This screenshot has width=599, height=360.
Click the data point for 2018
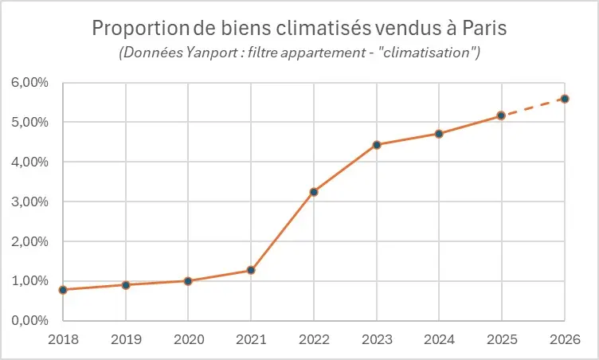(x=63, y=290)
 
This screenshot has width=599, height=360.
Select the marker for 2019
(x=126, y=284)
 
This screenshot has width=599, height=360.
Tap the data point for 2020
(x=188, y=281)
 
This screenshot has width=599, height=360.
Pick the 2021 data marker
(x=251, y=270)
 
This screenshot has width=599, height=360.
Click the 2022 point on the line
(x=314, y=192)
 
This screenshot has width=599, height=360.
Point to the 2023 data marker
(x=376, y=145)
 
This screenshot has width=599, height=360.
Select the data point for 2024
(x=439, y=134)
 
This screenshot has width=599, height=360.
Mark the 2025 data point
(x=501, y=115)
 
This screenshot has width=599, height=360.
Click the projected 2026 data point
(x=564, y=99)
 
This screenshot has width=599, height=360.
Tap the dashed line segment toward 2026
(x=533, y=108)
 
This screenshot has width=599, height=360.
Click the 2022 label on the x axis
(x=314, y=339)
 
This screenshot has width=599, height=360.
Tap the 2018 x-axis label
(x=63, y=339)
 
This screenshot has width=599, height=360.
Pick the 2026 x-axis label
(x=564, y=339)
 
